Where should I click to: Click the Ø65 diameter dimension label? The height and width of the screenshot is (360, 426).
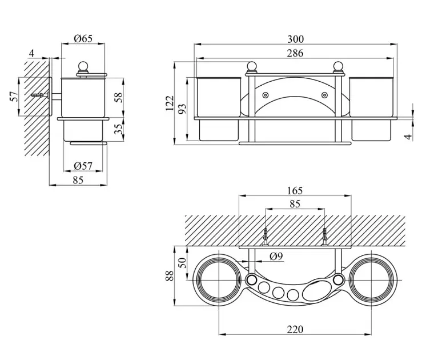click(83, 39)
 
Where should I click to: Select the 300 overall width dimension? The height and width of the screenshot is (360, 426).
click(296, 39)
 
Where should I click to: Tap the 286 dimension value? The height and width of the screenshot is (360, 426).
click(295, 53)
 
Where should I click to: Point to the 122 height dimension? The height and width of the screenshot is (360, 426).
click(169, 103)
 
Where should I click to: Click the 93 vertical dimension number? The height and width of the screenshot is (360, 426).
click(182, 109)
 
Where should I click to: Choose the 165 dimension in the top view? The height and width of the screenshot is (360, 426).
click(295, 191)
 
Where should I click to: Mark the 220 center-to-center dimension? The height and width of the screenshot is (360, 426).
click(295, 329)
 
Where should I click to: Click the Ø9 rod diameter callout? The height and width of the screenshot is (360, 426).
click(276, 256)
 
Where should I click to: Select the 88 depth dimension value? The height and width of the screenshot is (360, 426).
click(169, 275)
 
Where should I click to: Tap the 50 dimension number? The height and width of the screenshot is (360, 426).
click(182, 263)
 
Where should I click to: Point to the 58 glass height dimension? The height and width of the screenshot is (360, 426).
click(118, 97)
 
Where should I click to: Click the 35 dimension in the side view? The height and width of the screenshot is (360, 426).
click(118, 129)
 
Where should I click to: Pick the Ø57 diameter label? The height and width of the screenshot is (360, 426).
click(83, 166)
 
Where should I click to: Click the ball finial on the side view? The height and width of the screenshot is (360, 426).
click(83, 67)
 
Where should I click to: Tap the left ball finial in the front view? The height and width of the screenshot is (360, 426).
click(252, 67)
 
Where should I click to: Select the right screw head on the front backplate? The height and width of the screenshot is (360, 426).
click(324, 95)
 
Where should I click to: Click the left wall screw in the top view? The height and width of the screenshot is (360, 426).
click(266, 237)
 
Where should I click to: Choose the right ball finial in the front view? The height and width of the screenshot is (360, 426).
click(338, 67)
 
